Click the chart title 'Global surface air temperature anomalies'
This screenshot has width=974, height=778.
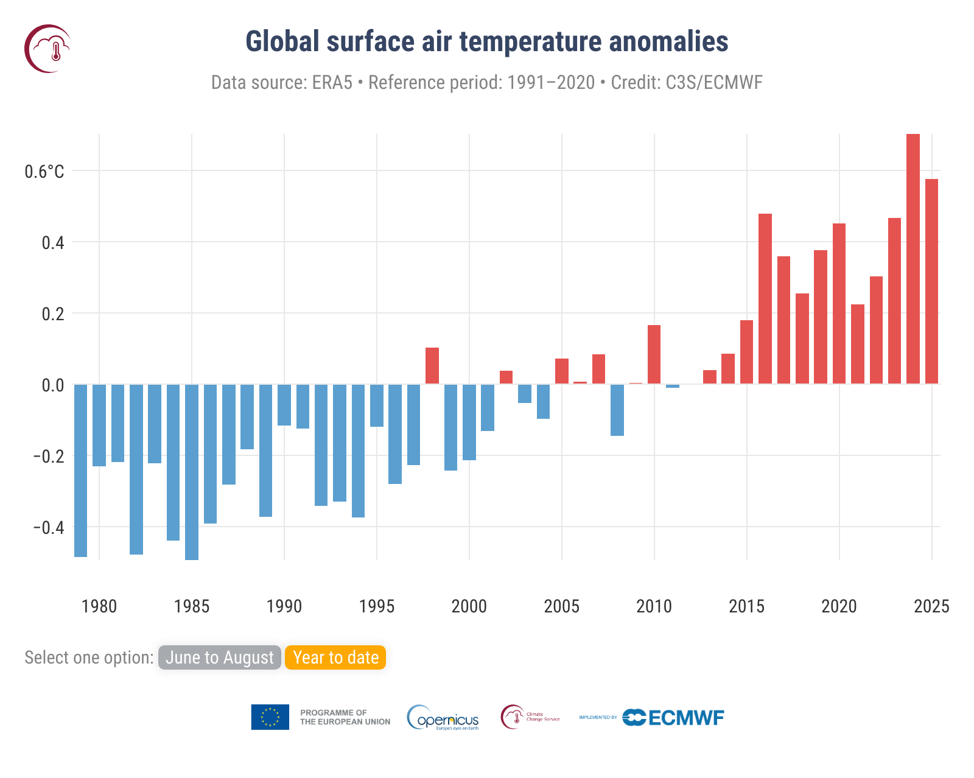(486, 42)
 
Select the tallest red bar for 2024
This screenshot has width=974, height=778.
(913, 259)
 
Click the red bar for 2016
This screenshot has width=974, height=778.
(765, 298)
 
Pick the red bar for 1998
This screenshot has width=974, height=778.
(432, 366)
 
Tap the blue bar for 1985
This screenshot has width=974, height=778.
(192, 472)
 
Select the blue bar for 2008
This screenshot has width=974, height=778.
(617, 410)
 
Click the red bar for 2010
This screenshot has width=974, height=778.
(654, 354)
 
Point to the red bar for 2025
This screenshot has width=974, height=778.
(931, 281)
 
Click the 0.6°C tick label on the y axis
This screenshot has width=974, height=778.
(44, 172)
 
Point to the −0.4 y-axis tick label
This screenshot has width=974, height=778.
(48, 527)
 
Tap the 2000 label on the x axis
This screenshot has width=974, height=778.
(469, 606)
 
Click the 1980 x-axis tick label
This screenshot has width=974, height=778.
(99, 606)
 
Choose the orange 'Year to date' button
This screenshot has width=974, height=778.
(335, 657)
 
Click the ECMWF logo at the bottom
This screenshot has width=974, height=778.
(673, 718)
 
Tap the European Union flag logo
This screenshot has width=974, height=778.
(270, 717)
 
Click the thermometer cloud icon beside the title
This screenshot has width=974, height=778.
(47, 49)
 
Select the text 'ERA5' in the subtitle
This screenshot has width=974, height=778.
(332, 82)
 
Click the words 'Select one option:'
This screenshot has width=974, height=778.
(89, 657)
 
